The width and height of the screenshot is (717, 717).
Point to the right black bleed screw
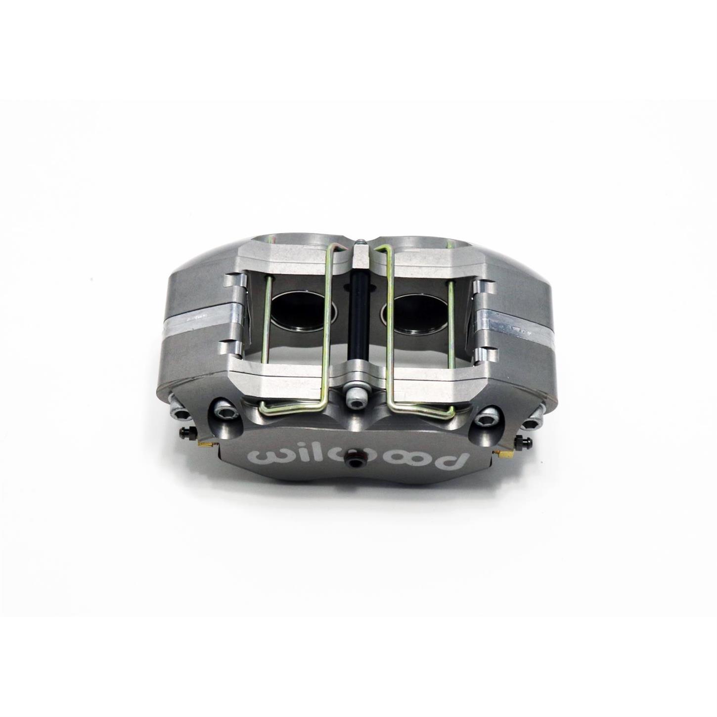pyautogui.click(x=525, y=441)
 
